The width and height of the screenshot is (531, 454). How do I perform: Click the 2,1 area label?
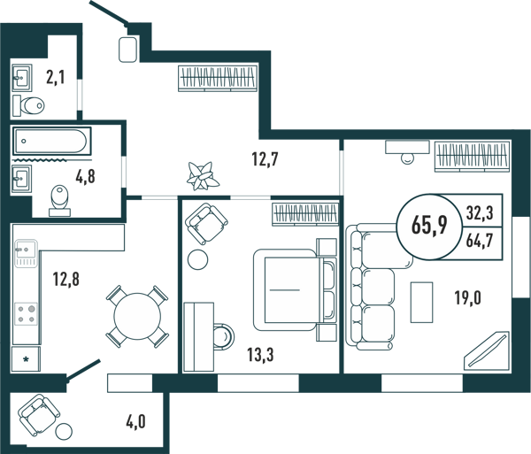pyautogui.click(x=55, y=78)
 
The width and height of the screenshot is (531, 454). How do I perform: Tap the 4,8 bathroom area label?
pyautogui.click(x=85, y=176)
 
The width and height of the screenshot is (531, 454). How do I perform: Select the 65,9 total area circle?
pyautogui.click(x=429, y=226)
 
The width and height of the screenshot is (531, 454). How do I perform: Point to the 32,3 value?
pyautogui.click(x=480, y=213)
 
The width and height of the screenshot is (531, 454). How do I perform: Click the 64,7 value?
pyautogui.click(x=479, y=241)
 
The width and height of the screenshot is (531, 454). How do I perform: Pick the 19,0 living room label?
pyautogui.click(x=467, y=298)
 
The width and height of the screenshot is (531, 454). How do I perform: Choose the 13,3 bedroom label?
pyautogui.click(x=260, y=355)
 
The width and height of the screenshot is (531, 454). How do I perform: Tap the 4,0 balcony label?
pyautogui.click(x=135, y=422)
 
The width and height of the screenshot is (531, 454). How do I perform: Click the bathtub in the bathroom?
pyautogui.click(x=52, y=141)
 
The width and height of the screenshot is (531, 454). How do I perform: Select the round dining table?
pyautogui.click(x=137, y=317)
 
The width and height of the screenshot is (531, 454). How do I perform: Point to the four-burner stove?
pyautogui.click(x=27, y=314)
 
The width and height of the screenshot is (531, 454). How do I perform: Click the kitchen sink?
pyautogui.click(x=26, y=253)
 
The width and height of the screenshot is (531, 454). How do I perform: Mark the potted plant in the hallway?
pyautogui.click(x=203, y=176)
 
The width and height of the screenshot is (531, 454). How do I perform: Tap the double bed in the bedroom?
pyautogui.click(x=295, y=289)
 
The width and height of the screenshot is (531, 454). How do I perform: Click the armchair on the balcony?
pyautogui.click(x=39, y=414)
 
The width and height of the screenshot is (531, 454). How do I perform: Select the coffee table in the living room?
pyautogui.click(x=421, y=303)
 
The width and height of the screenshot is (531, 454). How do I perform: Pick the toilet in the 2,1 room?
pyautogui.click(x=29, y=105)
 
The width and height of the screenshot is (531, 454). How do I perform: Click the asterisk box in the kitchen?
pyautogui.click(x=26, y=359)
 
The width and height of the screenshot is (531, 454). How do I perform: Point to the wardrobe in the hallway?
pyautogui.click(x=218, y=78)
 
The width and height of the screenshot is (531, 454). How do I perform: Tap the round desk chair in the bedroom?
pyautogui.click(x=224, y=336)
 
